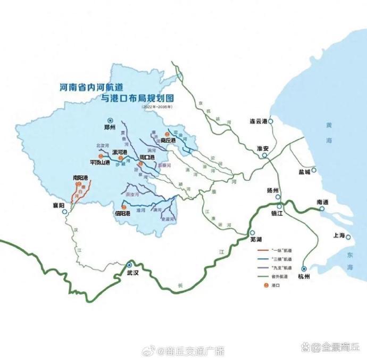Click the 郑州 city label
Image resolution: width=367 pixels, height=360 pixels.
110,128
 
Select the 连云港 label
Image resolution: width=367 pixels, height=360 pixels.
257,121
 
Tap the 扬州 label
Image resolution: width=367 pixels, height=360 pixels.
273,190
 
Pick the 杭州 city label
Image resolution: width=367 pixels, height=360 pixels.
304,277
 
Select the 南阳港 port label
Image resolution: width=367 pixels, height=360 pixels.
80,177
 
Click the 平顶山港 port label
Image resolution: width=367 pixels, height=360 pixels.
99,162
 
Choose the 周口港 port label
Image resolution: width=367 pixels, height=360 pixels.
147,158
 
